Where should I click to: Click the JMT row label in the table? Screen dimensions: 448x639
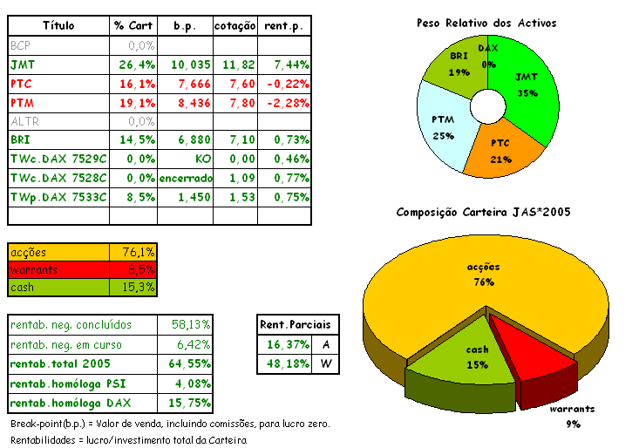point(18,64)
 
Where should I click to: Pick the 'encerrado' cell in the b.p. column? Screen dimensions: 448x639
point(185,178)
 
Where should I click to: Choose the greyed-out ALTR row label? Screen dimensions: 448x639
point(24,121)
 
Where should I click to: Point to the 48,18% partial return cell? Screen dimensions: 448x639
point(285,364)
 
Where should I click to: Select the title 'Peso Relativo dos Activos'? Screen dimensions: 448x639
point(486,23)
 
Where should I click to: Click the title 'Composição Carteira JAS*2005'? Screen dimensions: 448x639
point(483,212)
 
